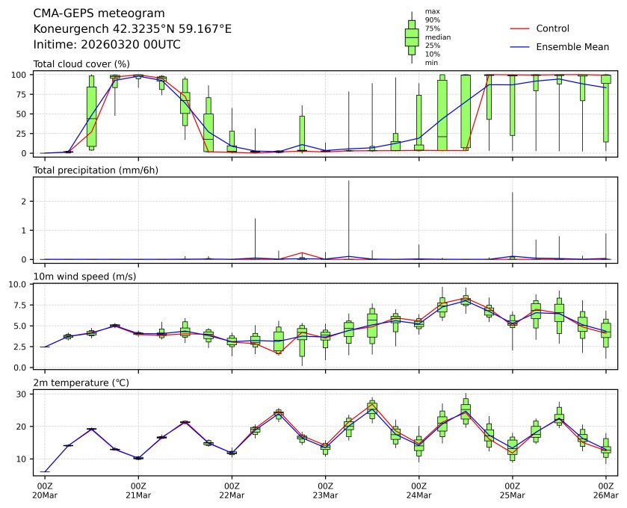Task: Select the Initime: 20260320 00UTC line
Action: point(107,44)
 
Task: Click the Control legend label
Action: point(553,28)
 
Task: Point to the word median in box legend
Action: point(437,37)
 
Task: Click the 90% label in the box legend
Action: point(432,19)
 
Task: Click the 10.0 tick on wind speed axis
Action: point(19,285)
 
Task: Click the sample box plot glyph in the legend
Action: point(411,37)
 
